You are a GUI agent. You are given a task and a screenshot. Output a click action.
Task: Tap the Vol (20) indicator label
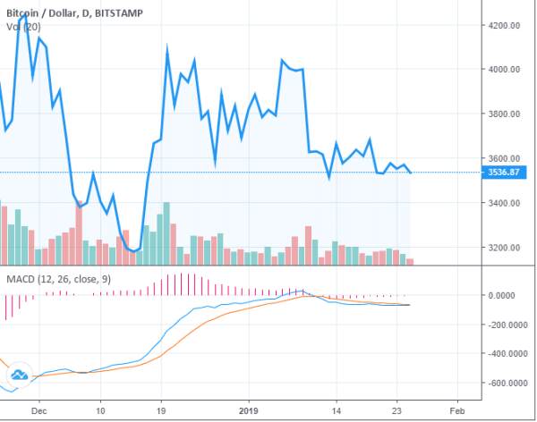[x=19, y=26]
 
